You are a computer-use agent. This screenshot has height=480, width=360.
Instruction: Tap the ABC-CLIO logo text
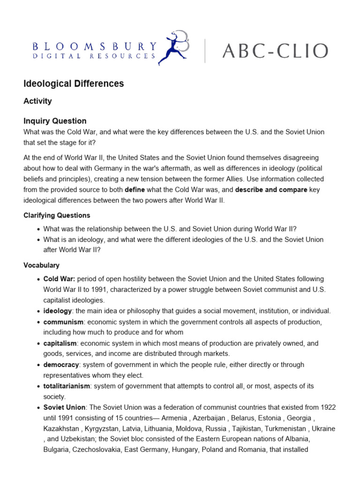275,51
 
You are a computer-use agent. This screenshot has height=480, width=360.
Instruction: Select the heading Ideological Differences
74,84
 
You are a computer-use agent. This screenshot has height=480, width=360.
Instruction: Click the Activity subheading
37,101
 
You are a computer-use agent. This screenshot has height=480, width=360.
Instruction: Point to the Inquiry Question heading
55,121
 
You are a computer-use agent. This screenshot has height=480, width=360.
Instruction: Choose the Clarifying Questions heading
57,215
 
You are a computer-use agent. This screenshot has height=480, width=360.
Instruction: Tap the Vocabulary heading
41,265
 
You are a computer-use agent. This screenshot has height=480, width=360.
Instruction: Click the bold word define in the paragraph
135,190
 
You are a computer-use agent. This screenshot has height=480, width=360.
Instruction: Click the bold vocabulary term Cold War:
59,279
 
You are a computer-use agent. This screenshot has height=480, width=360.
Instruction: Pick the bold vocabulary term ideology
57,311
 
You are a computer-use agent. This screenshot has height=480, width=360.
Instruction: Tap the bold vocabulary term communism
63,322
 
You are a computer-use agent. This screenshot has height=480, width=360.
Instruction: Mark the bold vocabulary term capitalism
60,343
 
